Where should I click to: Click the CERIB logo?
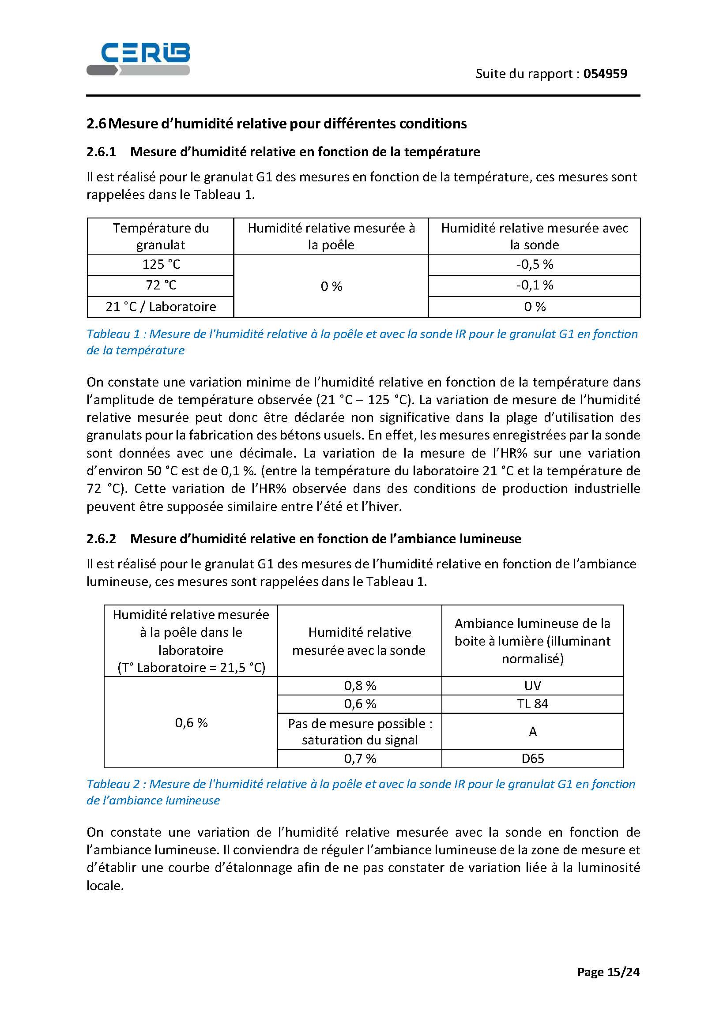click(x=138, y=59)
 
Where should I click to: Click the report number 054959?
click(x=605, y=74)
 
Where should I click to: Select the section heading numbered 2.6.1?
click(x=283, y=152)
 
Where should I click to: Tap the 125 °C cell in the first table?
click(x=161, y=264)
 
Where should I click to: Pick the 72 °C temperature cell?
click(x=161, y=285)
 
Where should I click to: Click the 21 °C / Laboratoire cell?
click(x=161, y=307)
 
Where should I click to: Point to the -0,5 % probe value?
click(x=535, y=264)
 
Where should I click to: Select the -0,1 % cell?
click(x=535, y=285)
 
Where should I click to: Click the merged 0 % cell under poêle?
click(x=331, y=286)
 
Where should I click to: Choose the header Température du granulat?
click(x=161, y=236)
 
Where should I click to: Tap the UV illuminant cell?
click(x=532, y=685)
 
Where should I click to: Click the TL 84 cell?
click(x=532, y=704)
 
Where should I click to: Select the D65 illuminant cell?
click(x=532, y=759)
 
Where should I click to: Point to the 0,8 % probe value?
click(x=360, y=685)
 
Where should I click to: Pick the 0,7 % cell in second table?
click(x=360, y=759)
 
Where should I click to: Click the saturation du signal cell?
click(x=360, y=732)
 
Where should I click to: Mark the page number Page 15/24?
click(x=608, y=972)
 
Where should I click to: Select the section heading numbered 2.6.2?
click(x=304, y=538)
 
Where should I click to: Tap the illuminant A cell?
click(x=532, y=732)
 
